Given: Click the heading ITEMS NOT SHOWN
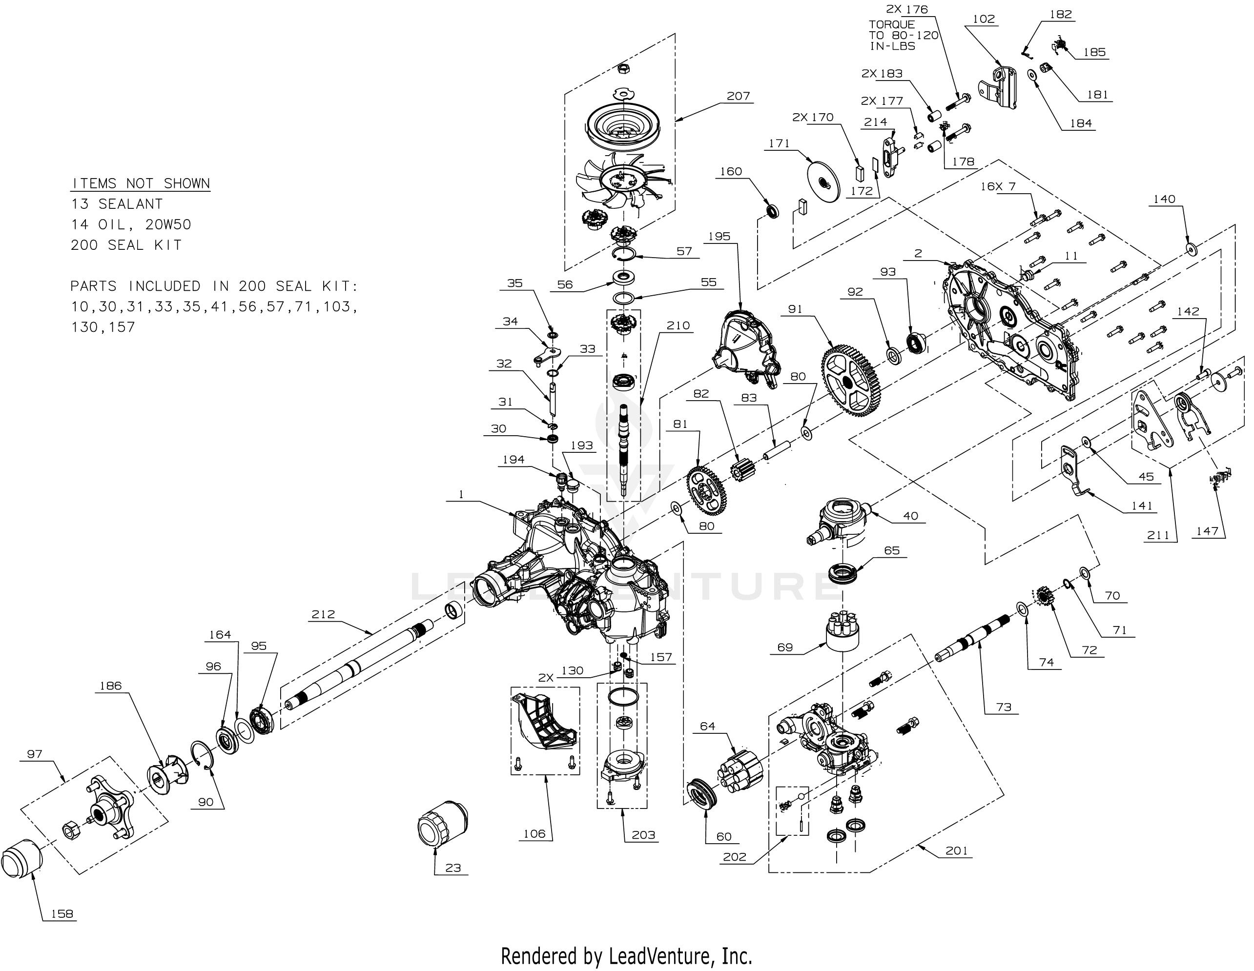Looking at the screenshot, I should [x=140, y=183].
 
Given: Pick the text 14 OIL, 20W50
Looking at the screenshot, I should [x=130, y=224].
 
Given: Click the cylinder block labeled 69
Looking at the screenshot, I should [x=842, y=632].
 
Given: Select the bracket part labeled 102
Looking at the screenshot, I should [x=1001, y=88].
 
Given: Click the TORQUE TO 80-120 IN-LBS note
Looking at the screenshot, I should [x=903, y=35].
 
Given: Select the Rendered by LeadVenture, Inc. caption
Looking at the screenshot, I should [x=626, y=955].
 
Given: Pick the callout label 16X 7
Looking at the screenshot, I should [x=998, y=186].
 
